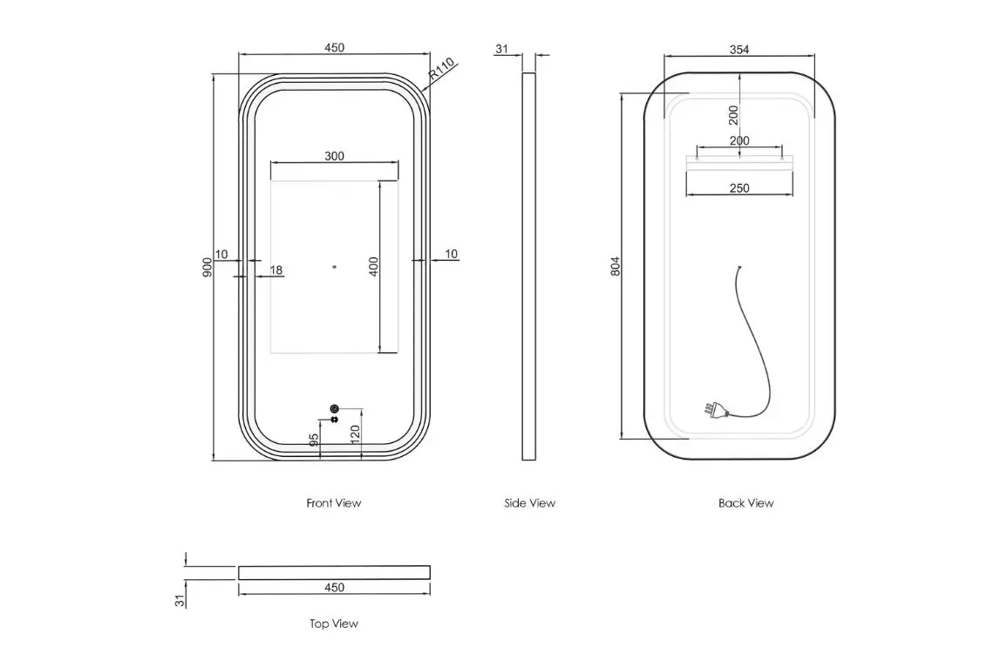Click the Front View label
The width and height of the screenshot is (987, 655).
pos(334,502)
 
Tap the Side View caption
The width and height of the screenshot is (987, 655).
pos(529,502)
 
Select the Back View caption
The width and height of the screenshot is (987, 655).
pos(745,502)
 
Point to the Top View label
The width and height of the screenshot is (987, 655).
pos(334,624)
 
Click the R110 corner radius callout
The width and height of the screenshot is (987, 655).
pos(442,69)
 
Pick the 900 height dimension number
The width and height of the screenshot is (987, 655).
pos(208,268)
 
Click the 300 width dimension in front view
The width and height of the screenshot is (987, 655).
pos(334,155)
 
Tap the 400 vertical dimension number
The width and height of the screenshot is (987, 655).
pos(374,266)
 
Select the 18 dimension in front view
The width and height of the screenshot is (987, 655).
pos(276,270)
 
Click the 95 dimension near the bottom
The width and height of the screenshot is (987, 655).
pos(314,440)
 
